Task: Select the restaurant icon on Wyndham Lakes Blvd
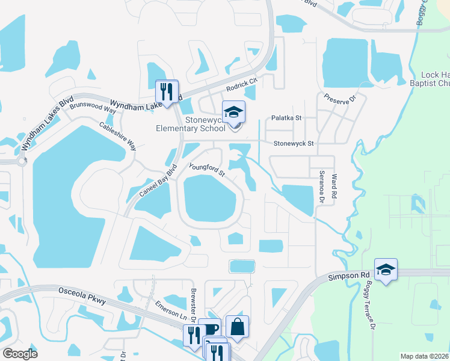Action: click(x=167, y=91)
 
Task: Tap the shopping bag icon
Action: click(x=237, y=326)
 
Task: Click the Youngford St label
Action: click(x=206, y=170)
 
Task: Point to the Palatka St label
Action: click(x=286, y=119)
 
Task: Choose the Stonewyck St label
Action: click(x=294, y=144)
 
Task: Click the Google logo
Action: click(x=19, y=353)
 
